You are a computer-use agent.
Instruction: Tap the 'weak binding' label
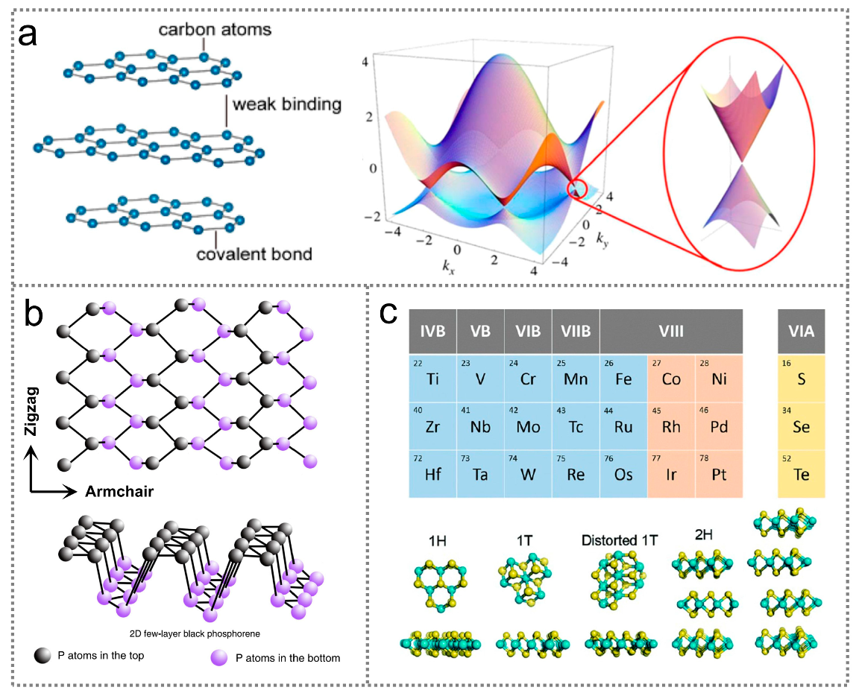(x=286, y=104)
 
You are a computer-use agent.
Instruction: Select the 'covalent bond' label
(x=254, y=254)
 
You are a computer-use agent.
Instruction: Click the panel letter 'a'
(x=29, y=34)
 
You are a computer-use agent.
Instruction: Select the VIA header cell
(x=802, y=331)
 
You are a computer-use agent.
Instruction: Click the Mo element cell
(x=527, y=425)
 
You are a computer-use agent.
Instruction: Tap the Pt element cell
(x=720, y=474)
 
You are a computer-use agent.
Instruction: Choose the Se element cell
(x=802, y=425)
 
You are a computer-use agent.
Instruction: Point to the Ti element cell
(x=432, y=378)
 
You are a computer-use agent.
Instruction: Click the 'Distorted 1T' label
(x=620, y=539)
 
